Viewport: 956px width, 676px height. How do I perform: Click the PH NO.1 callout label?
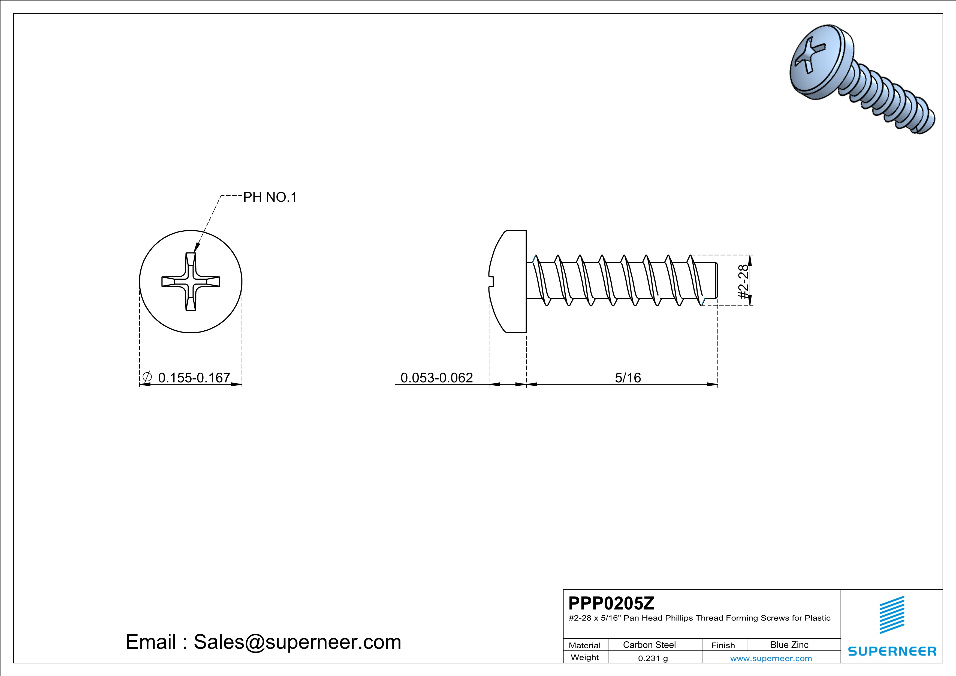(270, 197)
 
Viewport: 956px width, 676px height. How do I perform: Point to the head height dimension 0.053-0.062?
(436, 378)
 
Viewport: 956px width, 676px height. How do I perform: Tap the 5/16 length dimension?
(628, 378)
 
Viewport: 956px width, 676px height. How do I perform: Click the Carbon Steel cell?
(649, 645)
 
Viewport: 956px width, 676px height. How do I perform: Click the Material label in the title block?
(585, 645)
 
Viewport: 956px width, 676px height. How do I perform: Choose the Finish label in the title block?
(723, 645)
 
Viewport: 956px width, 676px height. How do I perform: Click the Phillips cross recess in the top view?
(191, 281)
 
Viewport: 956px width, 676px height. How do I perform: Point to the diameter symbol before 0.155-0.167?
(147, 377)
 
